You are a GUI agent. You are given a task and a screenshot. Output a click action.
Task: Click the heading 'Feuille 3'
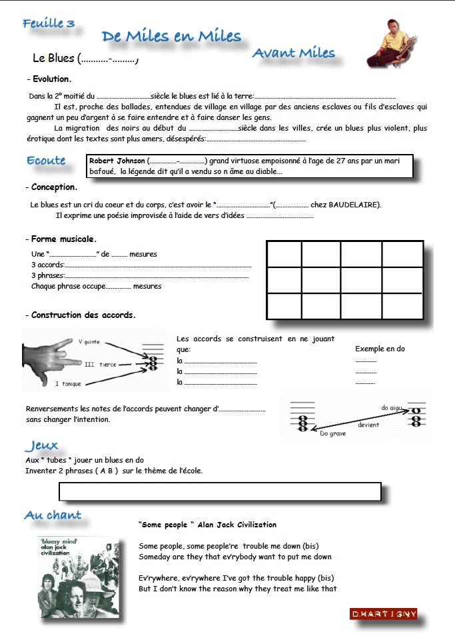(49, 24)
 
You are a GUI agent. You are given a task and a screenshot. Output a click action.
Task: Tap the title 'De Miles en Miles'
(171, 37)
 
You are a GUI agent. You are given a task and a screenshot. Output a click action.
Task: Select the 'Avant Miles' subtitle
(293, 53)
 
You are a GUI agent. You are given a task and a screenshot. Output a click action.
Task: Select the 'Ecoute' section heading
(46, 161)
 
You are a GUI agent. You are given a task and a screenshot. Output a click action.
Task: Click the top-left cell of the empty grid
(284, 254)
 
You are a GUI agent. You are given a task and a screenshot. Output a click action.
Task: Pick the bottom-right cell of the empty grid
(402, 306)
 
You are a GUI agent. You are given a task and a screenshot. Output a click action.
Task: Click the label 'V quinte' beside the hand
(89, 342)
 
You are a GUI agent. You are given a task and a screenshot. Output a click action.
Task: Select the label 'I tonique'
(68, 384)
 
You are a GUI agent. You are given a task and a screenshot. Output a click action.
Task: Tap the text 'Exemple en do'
(380, 349)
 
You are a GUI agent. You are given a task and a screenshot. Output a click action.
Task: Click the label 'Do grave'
(333, 433)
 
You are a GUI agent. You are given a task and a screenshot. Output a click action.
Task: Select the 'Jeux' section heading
(41, 445)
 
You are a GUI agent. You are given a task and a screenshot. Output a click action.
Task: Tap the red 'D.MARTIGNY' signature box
(383, 613)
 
